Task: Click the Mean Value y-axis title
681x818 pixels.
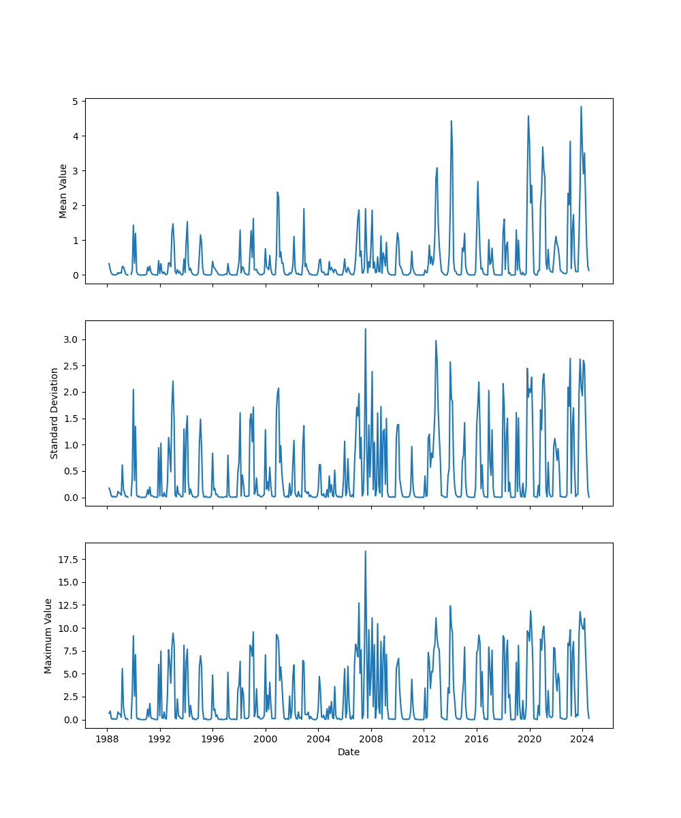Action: [63, 191]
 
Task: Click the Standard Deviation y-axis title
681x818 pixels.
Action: [54, 413]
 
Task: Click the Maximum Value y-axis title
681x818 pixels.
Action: [48, 635]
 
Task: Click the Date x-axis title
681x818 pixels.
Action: [349, 752]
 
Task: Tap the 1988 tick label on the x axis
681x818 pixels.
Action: [107, 739]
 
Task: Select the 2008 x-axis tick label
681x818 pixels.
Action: [371, 739]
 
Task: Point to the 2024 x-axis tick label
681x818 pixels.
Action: [582, 739]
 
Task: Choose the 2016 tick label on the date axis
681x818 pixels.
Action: [477, 739]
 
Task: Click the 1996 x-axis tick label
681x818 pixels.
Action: [212, 739]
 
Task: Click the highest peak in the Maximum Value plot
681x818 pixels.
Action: [365, 551]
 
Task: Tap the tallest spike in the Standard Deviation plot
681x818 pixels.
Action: [365, 329]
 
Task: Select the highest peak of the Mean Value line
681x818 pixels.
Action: [581, 106]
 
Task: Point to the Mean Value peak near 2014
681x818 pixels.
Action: [451, 121]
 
